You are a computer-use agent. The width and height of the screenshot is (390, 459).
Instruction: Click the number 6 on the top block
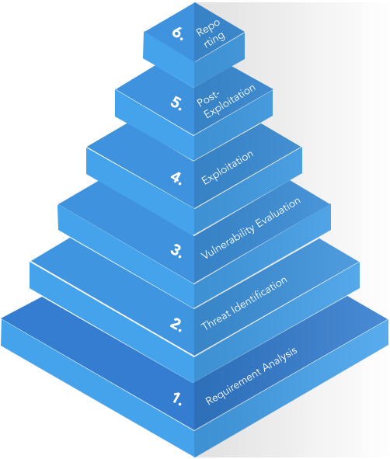[177, 33]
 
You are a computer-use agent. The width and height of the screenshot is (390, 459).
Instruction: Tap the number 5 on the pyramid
[176, 103]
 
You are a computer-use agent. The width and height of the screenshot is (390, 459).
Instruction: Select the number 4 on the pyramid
[176, 178]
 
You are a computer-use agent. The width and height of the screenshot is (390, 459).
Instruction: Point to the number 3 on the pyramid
[176, 251]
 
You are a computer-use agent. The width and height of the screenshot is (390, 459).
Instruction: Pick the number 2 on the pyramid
[176, 325]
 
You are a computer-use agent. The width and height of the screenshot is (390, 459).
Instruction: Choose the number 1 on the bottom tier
[177, 398]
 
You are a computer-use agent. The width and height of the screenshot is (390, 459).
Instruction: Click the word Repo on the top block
[207, 27]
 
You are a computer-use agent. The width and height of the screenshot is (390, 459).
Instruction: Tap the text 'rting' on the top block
[215, 40]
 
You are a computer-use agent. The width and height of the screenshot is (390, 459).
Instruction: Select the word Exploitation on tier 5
[230, 101]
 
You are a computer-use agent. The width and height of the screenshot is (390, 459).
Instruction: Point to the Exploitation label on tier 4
[228, 168]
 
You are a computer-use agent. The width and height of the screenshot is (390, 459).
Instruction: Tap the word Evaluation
[278, 212]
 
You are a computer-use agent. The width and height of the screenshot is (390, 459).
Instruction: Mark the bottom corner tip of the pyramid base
[194, 457]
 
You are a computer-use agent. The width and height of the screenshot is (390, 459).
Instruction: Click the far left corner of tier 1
[2, 319]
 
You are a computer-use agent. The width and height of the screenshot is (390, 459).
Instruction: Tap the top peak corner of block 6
[194, 2]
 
